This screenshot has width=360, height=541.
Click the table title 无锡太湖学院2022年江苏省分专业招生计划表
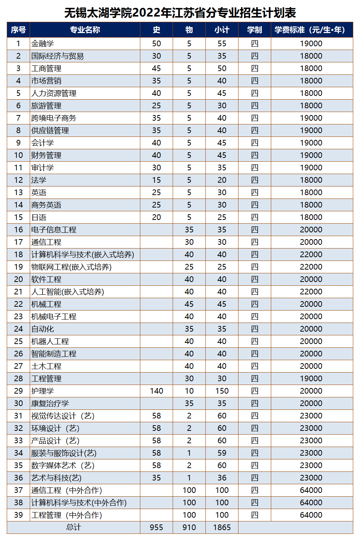click(x=180, y=13)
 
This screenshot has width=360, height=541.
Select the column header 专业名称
click(x=85, y=30)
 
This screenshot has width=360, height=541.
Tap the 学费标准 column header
click(x=311, y=30)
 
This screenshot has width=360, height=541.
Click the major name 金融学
click(x=43, y=44)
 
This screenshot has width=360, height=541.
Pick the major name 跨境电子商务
click(x=54, y=118)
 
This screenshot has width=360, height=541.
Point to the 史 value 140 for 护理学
click(x=156, y=391)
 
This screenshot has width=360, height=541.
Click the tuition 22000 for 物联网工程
click(x=311, y=267)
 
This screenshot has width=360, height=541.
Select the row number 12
click(x=18, y=180)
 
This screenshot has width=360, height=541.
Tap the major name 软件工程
click(x=46, y=279)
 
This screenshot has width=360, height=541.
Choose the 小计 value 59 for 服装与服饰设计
click(x=222, y=453)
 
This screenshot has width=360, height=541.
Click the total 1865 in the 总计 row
click(x=222, y=527)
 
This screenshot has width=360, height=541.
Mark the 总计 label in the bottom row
click(x=73, y=527)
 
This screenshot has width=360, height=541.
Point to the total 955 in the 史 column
click(x=156, y=527)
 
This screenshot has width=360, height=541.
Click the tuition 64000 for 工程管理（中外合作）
click(x=311, y=515)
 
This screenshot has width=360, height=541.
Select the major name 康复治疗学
click(x=50, y=403)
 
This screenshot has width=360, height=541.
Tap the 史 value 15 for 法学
click(x=156, y=180)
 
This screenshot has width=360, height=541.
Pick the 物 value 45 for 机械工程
click(x=189, y=304)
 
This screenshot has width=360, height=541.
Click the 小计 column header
click(x=222, y=30)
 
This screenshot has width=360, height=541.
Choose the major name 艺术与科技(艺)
click(x=56, y=478)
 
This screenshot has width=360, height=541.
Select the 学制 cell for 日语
click(x=255, y=217)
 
